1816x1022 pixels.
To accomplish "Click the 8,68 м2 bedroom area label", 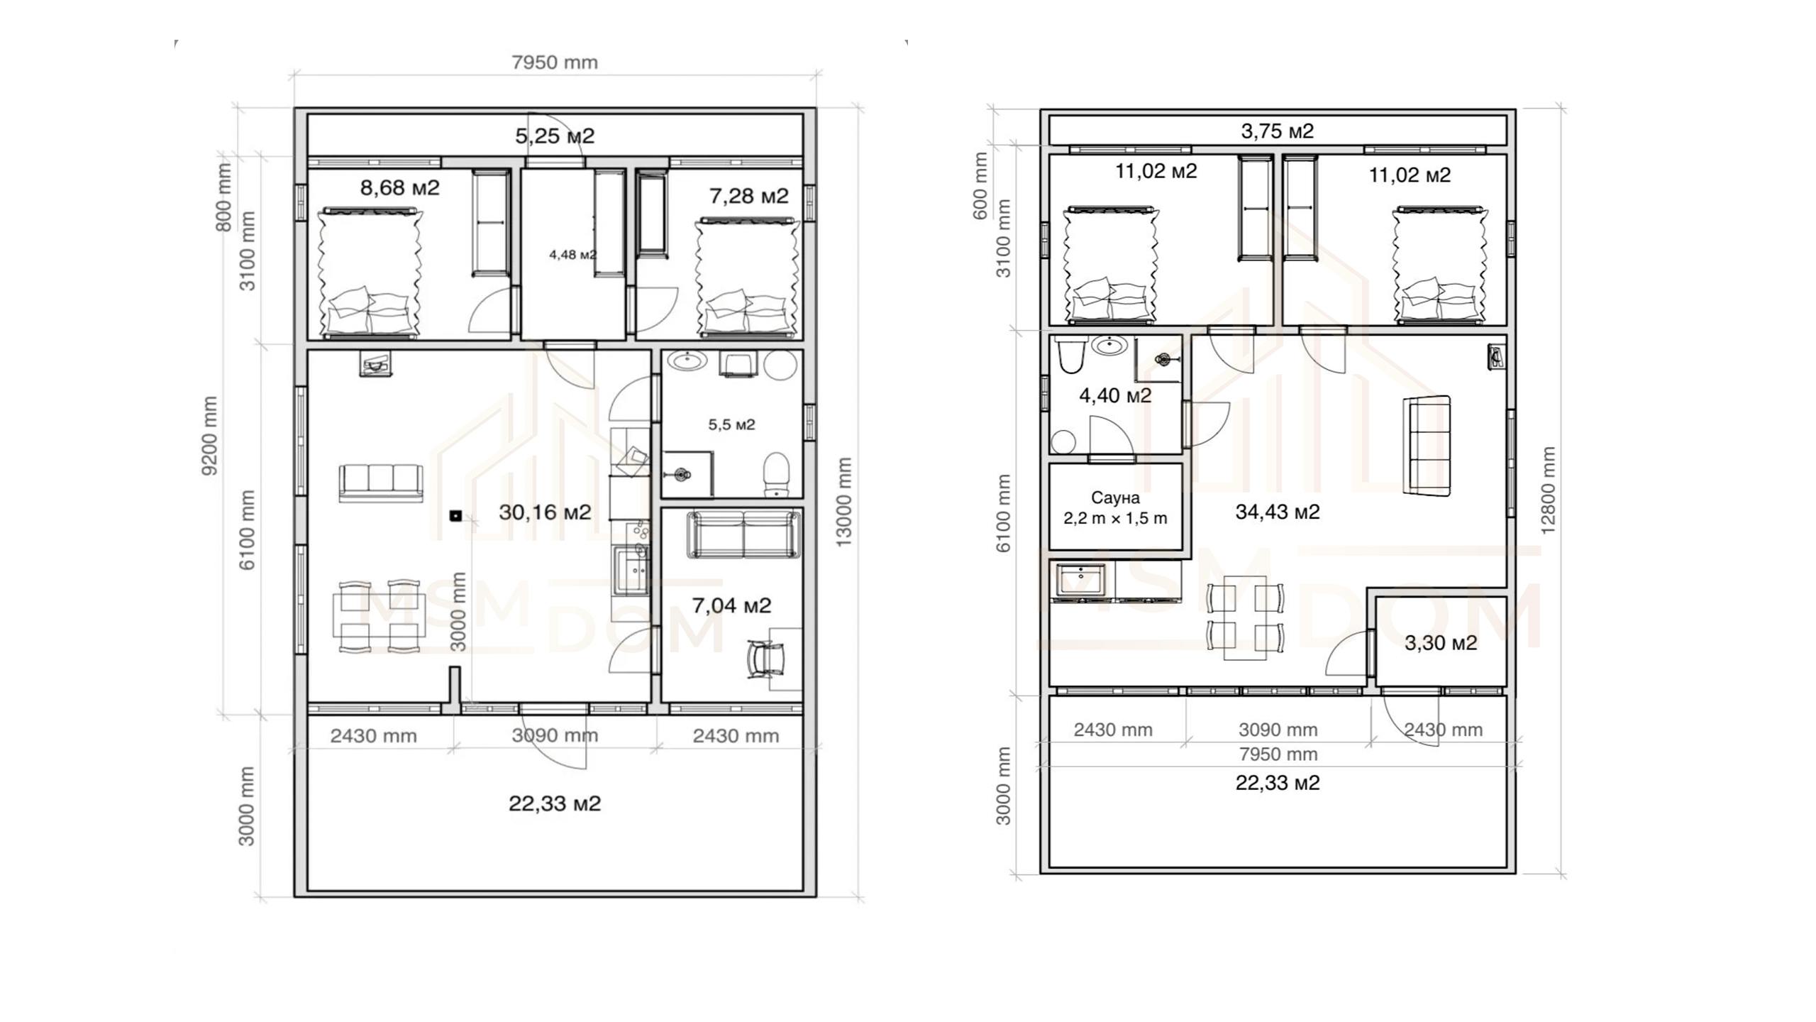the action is pyautogui.click(x=400, y=187).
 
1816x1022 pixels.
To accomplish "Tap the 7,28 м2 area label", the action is pyautogui.click(x=749, y=196).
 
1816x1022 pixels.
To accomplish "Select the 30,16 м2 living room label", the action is pyautogui.click(x=545, y=512).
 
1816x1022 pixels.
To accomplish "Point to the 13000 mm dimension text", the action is pyautogui.click(x=843, y=502).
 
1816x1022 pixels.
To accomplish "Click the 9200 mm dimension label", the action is pyautogui.click(x=210, y=435).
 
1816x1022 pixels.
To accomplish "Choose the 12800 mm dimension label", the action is pyautogui.click(x=1548, y=490).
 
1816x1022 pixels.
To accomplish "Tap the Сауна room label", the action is pyautogui.click(x=1115, y=498).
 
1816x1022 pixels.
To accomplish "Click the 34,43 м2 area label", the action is pyautogui.click(x=1278, y=512).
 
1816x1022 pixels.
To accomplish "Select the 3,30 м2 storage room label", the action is pyautogui.click(x=1441, y=643).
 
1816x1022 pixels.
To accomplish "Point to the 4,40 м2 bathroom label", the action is pyautogui.click(x=1115, y=395).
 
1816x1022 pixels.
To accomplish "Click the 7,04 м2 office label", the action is pyautogui.click(x=731, y=605).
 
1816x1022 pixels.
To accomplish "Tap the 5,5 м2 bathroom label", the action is pyautogui.click(x=731, y=424).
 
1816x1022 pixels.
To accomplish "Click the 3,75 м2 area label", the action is pyautogui.click(x=1277, y=131).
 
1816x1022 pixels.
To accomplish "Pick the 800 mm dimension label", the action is pyautogui.click(x=223, y=197).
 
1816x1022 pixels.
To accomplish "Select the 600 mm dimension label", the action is pyautogui.click(x=980, y=186).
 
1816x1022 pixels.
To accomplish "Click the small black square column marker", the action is pyautogui.click(x=455, y=516).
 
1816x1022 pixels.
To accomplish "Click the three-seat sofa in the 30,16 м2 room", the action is pyautogui.click(x=381, y=483).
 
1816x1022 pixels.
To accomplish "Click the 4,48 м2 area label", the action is pyautogui.click(x=572, y=255).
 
